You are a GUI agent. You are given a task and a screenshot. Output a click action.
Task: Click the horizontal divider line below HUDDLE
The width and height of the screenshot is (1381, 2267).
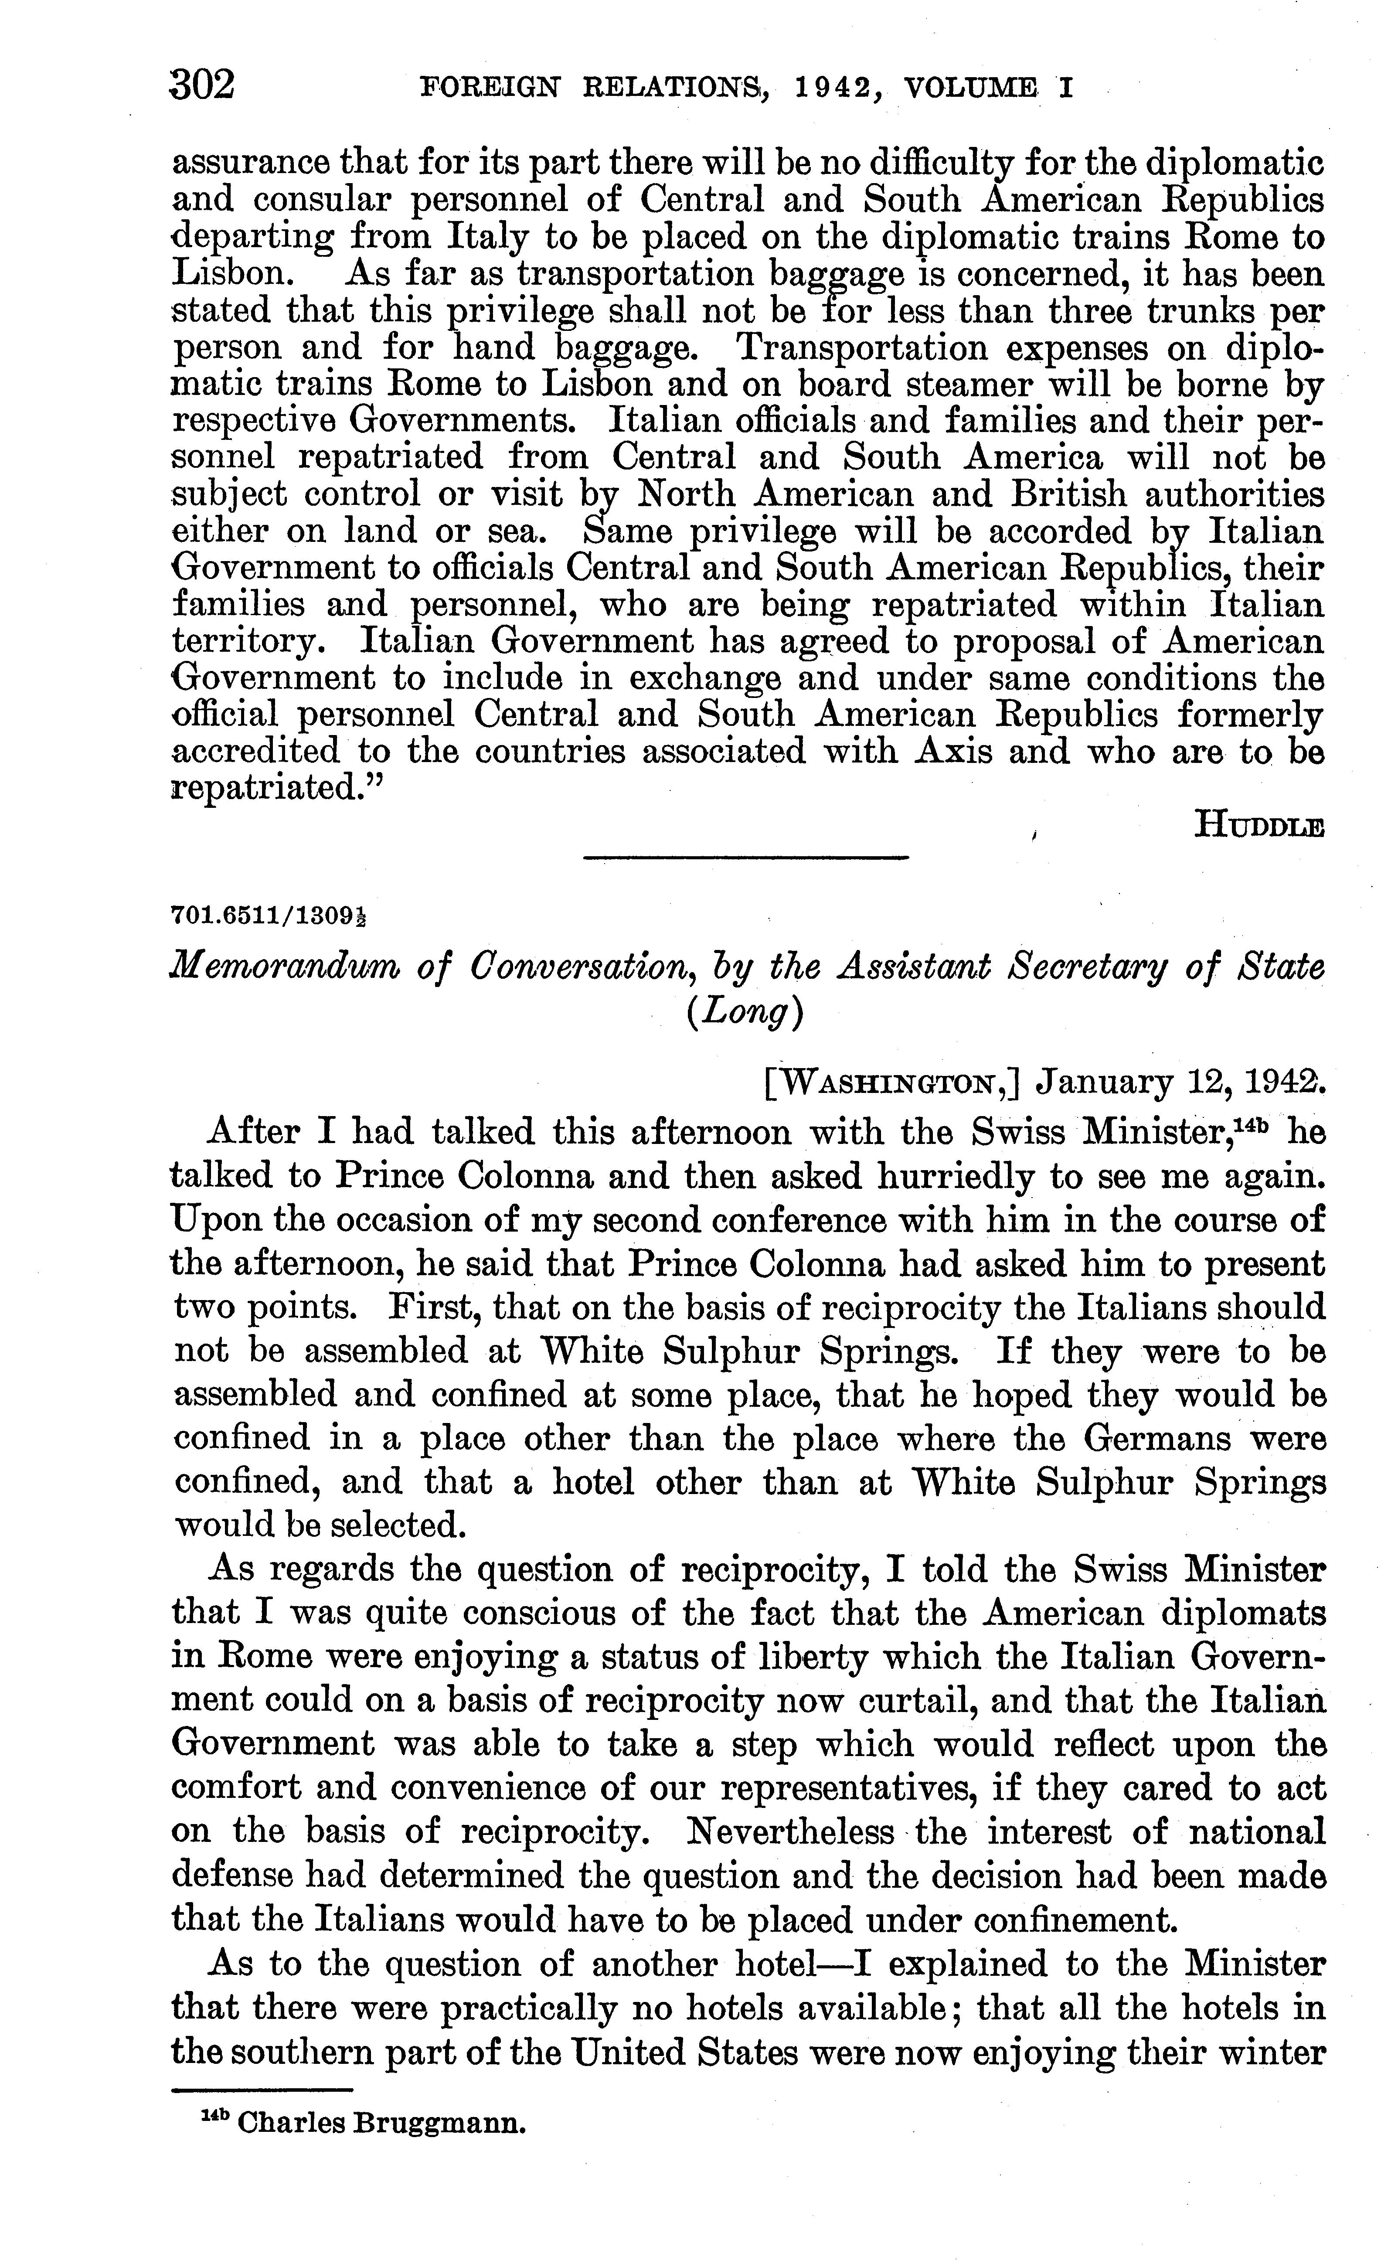746,858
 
